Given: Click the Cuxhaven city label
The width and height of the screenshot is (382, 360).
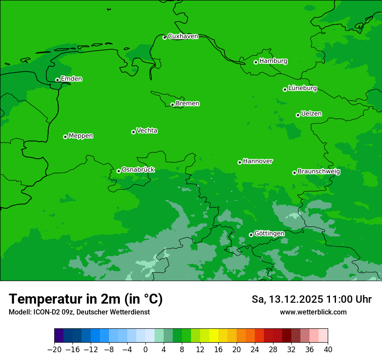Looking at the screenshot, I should point(183,36).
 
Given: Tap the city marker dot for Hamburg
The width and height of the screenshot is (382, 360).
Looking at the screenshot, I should point(256,62).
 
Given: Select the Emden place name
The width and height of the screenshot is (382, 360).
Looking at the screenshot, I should point(71,79).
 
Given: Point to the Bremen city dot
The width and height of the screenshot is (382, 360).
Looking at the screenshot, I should point(172,105).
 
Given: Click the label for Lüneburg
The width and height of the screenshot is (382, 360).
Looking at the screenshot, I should point(302,88).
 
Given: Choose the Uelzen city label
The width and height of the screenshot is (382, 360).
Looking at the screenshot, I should point(311,114).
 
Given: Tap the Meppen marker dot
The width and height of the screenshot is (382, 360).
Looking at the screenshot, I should point(65,137).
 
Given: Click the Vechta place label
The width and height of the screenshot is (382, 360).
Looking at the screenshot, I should point(147,131).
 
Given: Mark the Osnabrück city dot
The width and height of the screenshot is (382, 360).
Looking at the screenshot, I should point(119,171).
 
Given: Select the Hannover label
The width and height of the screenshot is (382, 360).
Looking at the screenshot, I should point(257,161).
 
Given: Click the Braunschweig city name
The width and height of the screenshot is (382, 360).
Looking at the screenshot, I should point(319,172).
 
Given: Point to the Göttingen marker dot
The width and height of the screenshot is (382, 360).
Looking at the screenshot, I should point(251,235).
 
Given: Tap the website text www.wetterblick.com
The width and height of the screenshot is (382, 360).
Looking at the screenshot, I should point(313,312).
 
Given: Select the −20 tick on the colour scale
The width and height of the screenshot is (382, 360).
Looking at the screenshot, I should point(54,350).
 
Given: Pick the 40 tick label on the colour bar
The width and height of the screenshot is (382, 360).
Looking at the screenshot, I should point(328,350).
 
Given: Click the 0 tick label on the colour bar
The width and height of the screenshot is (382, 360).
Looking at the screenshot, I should point(145,350).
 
